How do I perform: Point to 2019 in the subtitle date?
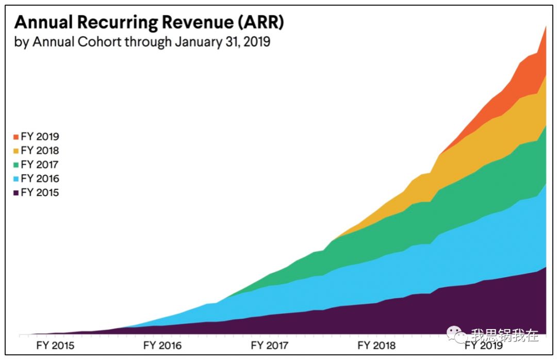pos(255,42)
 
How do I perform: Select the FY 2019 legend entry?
pos(36,137)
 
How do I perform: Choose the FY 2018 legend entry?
pos(36,151)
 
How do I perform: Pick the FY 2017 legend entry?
pos(36,165)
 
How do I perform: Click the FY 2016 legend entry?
pos(36,178)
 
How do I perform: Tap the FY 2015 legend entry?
pos(36,192)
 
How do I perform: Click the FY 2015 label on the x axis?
pos(55,345)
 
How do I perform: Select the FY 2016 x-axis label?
pos(162,345)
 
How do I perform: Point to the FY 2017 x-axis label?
pos(269,345)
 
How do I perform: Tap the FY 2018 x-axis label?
pos(376,345)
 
